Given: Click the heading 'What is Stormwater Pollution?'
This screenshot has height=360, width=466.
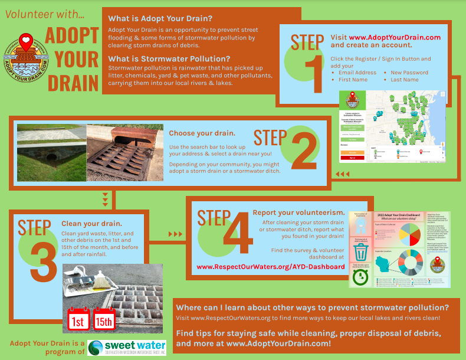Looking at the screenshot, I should (169, 58).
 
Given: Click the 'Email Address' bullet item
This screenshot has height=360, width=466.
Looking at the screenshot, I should (357, 73).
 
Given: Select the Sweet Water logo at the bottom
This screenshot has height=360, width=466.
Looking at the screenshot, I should (127, 347).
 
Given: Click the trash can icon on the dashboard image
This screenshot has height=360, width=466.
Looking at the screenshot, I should (360, 253).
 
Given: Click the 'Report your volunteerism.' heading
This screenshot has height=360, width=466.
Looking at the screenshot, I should (298, 212).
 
